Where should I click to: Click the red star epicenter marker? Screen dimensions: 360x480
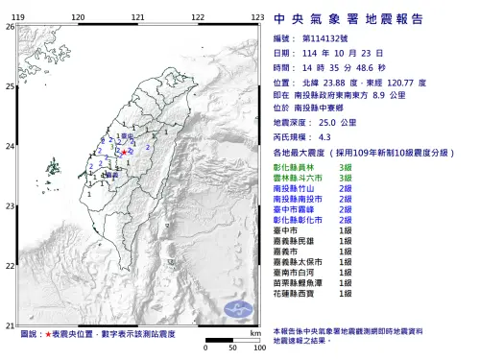click(x=126, y=151)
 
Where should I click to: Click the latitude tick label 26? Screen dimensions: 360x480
click(x=10, y=26)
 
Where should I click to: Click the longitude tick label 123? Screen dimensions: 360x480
click(x=257, y=17)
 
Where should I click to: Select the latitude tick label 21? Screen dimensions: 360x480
click(x=10, y=325)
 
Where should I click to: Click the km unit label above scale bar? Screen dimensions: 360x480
click(x=253, y=331)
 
